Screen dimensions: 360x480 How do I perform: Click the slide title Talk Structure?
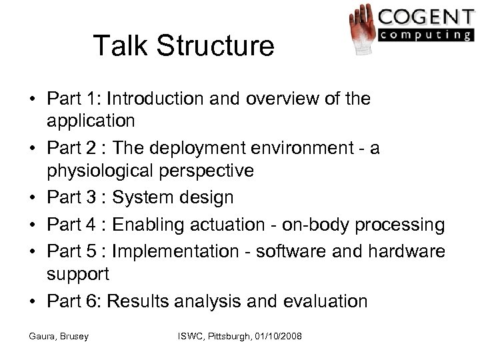(183, 46)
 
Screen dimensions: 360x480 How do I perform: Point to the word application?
(91, 122)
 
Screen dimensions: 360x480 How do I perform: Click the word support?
(79, 274)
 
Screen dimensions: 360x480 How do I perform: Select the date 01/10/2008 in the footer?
(272, 338)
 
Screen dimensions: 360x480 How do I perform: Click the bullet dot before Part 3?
(32, 198)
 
